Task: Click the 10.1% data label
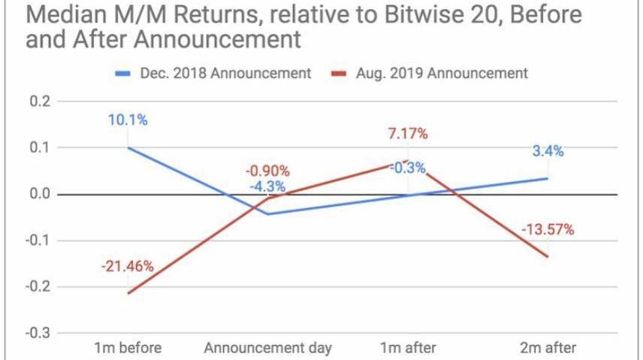[127, 119]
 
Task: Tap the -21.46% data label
[127, 265]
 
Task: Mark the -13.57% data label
[546, 228]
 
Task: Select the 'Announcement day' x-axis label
[266, 347]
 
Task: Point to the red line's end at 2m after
[547, 257]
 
